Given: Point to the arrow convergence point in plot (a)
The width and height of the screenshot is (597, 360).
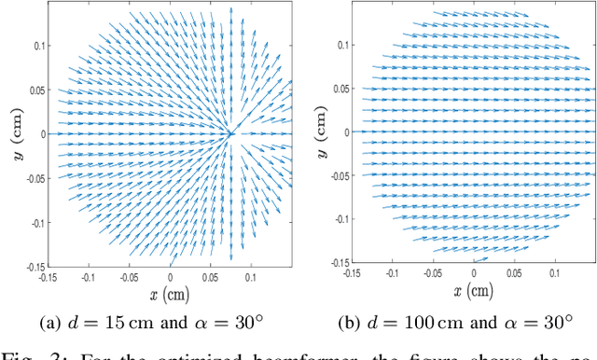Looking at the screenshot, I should [231, 134].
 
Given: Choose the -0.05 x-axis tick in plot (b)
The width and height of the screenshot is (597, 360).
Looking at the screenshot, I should [433, 272].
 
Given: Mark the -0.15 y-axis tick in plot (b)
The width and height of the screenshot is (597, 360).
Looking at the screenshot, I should [340, 262].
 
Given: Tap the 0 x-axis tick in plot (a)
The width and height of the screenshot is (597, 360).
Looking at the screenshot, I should [170, 277].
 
